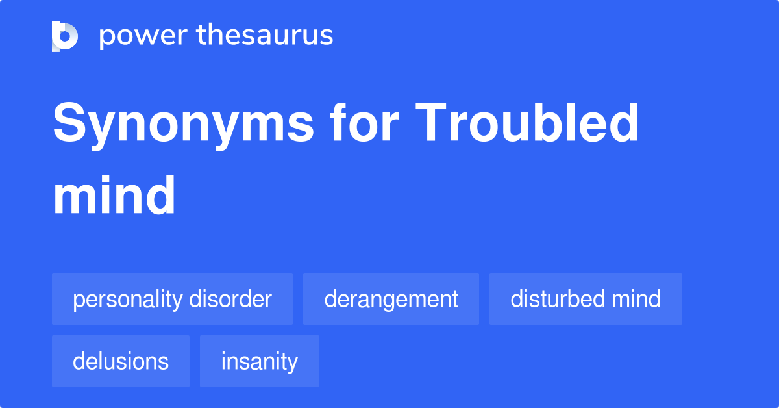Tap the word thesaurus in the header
(265, 35)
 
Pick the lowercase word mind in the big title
(114, 195)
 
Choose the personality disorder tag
(172, 299)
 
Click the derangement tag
(391, 299)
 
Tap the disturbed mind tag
(586, 299)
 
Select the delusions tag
(121, 361)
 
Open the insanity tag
(260, 361)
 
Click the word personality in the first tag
(128, 299)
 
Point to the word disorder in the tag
(230, 299)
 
